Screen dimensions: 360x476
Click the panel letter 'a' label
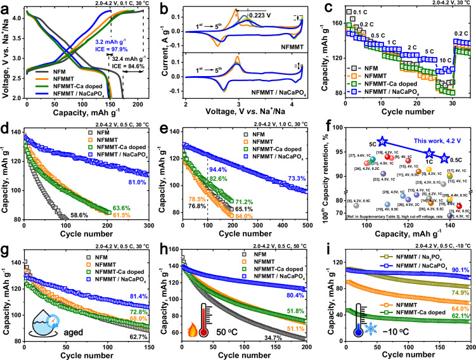click(6, 7)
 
